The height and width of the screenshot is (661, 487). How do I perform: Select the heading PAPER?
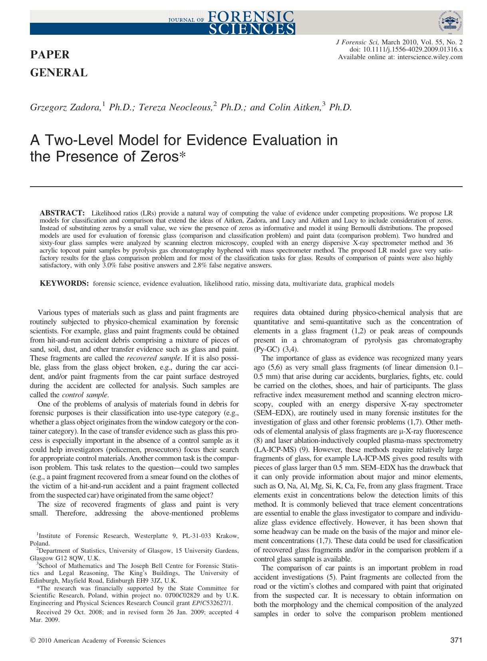pos(50,54)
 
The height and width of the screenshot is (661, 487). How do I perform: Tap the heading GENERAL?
pos(59,73)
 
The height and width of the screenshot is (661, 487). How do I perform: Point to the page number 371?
pos(456,640)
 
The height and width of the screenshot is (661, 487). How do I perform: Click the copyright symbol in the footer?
pos(33,641)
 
